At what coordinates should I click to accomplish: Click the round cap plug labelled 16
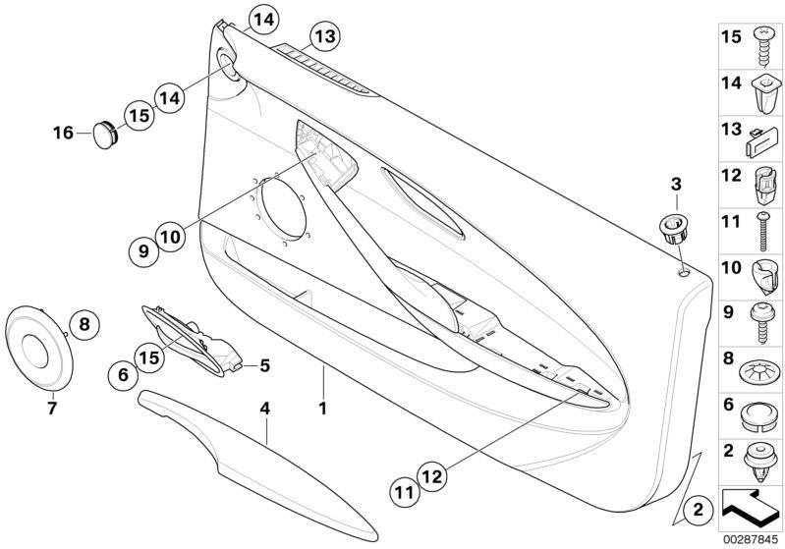[x=106, y=134]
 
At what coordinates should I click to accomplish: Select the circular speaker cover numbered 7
[x=38, y=348]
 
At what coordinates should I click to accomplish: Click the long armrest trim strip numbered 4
[x=256, y=465]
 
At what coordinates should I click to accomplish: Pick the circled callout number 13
[x=325, y=36]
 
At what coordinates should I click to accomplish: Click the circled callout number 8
[x=84, y=325]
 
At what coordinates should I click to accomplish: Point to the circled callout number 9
[x=144, y=251]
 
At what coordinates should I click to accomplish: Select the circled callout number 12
[x=432, y=476]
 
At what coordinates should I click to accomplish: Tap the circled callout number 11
[x=405, y=492]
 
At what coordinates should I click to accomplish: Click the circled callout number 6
[x=124, y=374]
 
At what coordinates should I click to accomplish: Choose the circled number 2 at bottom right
[x=698, y=510]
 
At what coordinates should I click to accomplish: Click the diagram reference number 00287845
[x=751, y=540]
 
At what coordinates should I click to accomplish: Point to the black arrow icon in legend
[x=750, y=509]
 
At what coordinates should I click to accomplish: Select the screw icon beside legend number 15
[x=763, y=45]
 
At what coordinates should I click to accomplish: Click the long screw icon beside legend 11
[x=763, y=231]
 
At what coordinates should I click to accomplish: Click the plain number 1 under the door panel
[x=323, y=409]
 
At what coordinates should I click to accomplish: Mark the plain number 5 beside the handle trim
[x=264, y=365]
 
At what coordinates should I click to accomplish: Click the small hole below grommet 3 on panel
[x=684, y=273]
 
